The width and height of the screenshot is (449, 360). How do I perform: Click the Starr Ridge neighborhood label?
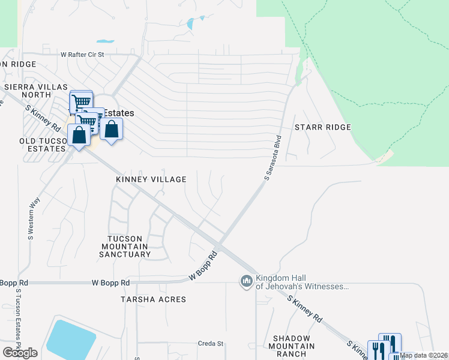[322, 128]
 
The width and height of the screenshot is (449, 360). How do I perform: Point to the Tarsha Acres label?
[153, 299]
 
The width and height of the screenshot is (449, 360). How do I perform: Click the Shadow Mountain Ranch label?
[294, 346]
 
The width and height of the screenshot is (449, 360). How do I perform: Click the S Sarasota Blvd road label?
[273, 158]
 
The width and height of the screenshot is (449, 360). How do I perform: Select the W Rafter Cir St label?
[82, 54]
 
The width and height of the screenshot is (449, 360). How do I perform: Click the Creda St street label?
[211, 344]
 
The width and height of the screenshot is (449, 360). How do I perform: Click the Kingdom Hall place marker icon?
[246, 281]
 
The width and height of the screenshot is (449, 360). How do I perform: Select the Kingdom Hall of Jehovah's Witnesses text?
[302, 282]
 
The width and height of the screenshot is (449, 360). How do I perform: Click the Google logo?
[20, 353]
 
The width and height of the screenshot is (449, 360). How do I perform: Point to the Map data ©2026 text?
[424, 355]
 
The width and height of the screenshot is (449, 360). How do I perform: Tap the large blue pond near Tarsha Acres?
[71, 339]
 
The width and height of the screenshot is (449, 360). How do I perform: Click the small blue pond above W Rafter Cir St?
[106, 41]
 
